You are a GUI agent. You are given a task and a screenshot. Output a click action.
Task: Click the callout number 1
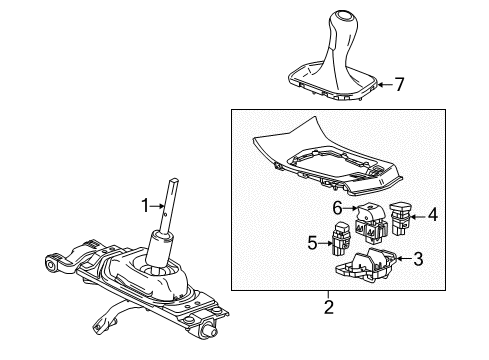pyautogui.click(x=144, y=206)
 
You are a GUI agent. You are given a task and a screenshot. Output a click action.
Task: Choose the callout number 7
pyautogui.click(x=400, y=84)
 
